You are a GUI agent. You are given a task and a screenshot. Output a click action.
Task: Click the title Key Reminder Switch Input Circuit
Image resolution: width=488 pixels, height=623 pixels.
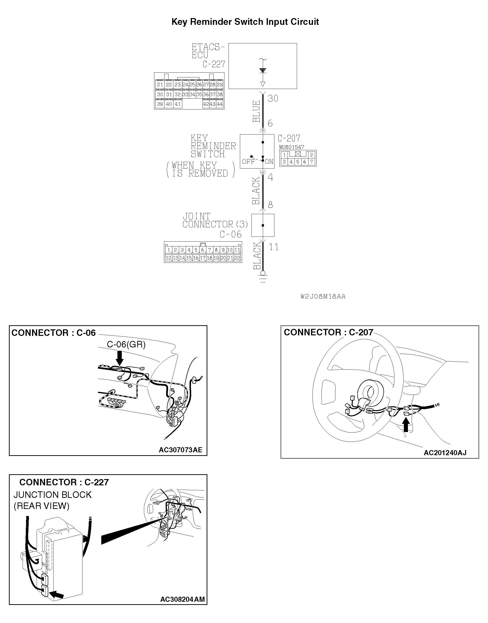(245, 22)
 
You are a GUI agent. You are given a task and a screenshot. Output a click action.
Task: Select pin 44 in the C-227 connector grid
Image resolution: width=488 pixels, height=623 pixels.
(219, 104)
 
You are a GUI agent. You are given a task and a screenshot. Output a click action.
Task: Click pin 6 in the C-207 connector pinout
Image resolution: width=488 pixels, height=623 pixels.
(305, 162)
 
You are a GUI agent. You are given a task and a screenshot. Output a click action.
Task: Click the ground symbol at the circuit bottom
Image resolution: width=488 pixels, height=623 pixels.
(263, 278)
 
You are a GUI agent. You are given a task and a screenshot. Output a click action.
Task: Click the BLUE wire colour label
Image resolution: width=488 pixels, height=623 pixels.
(257, 111)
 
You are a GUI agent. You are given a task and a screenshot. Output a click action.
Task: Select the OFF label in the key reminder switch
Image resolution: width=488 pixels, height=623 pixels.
(248, 162)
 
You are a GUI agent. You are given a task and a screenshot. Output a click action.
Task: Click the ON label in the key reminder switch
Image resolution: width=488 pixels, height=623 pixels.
(269, 162)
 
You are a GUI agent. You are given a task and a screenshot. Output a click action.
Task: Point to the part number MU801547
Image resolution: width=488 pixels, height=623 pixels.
(291, 147)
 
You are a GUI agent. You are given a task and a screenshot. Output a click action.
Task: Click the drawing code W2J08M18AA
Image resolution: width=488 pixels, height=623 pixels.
(323, 297)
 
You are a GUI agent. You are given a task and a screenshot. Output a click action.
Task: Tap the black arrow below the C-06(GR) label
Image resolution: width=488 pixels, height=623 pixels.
(119, 358)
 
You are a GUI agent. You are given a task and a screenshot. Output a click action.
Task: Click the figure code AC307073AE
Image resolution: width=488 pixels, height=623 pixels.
(180, 450)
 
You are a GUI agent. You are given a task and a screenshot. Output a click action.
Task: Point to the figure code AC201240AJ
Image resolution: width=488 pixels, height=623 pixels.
(445, 453)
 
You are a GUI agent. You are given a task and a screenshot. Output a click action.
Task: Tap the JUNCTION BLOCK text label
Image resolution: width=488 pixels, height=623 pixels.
(53, 495)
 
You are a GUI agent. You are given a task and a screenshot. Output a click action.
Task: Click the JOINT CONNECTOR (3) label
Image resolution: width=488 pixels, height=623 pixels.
(215, 221)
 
